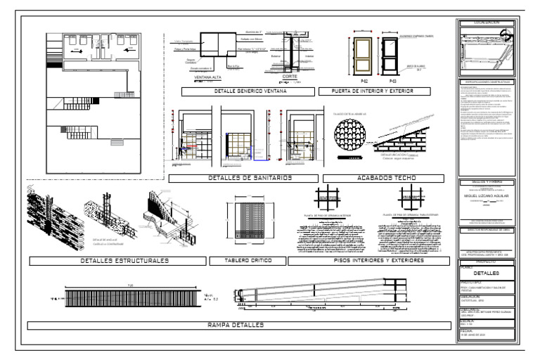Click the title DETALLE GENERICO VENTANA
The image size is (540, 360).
(242, 91)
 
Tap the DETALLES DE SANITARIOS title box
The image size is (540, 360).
(241, 178)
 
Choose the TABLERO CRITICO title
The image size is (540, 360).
(247, 261)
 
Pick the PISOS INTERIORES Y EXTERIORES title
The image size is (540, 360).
(368, 261)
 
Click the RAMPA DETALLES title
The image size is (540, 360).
(236, 325)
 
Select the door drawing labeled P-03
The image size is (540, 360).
(393, 57)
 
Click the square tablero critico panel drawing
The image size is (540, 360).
(247, 222)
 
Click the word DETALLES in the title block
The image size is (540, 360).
(486, 272)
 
